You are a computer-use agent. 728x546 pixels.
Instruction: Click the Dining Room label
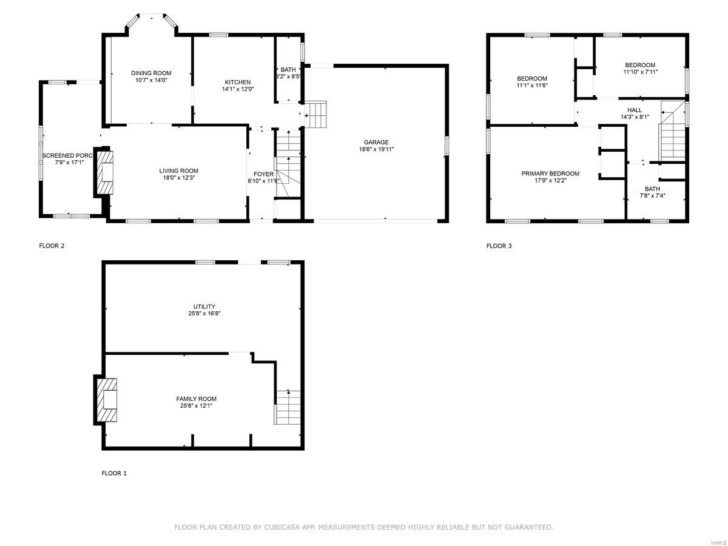coord(147,73)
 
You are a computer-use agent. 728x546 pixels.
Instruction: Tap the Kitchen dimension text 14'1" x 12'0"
coord(238,89)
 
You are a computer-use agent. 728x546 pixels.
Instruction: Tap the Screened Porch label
coord(66,156)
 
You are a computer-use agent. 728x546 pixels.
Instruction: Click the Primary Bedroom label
coord(550,174)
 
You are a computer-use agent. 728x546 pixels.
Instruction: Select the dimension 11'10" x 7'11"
coord(640,72)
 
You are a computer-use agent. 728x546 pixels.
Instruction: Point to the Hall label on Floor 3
coord(635,110)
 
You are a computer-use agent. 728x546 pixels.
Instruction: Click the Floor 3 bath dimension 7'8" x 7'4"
coord(653,195)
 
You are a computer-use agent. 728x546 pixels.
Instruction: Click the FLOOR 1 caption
coord(114,473)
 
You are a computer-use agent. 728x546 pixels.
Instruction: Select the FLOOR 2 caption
coord(52,246)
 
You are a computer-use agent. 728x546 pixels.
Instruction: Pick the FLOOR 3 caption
coord(499,246)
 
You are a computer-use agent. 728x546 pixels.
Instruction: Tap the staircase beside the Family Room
coord(288,406)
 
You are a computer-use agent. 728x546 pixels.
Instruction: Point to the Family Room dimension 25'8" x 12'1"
coord(197,406)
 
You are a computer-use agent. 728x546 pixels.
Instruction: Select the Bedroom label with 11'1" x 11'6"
coord(532,78)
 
